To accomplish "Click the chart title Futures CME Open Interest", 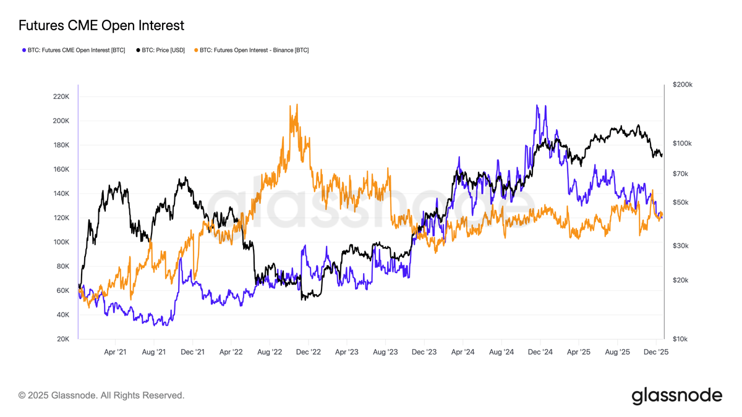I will [101, 25].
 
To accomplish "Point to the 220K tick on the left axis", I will [61, 97].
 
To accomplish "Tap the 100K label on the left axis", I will [61, 242].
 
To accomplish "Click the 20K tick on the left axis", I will [63, 339].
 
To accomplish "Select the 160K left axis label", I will [61, 169].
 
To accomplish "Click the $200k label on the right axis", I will [682, 85].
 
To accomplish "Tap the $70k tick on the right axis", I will [680, 174].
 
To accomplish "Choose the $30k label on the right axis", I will [680, 246].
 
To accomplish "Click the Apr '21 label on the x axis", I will [115, 352].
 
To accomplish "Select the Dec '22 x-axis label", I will [308, 352].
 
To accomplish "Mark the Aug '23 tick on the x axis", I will [385, 352].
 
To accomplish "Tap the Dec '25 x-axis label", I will [655, 352].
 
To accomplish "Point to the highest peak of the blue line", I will [537, 106].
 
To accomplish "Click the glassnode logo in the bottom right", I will [676, 395].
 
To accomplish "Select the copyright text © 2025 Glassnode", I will [101, 395].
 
